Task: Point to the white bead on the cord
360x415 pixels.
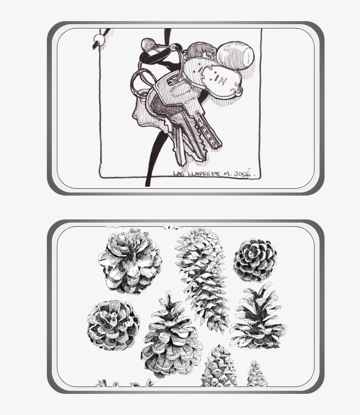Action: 100,39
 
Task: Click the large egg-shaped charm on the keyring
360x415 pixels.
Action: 235,55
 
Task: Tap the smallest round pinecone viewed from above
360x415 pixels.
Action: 255,260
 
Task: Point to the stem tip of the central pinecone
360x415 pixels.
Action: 168,293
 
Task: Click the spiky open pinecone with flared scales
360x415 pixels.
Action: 258,316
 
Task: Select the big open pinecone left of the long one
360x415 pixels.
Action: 130,262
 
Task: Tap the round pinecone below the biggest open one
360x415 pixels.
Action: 113,325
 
